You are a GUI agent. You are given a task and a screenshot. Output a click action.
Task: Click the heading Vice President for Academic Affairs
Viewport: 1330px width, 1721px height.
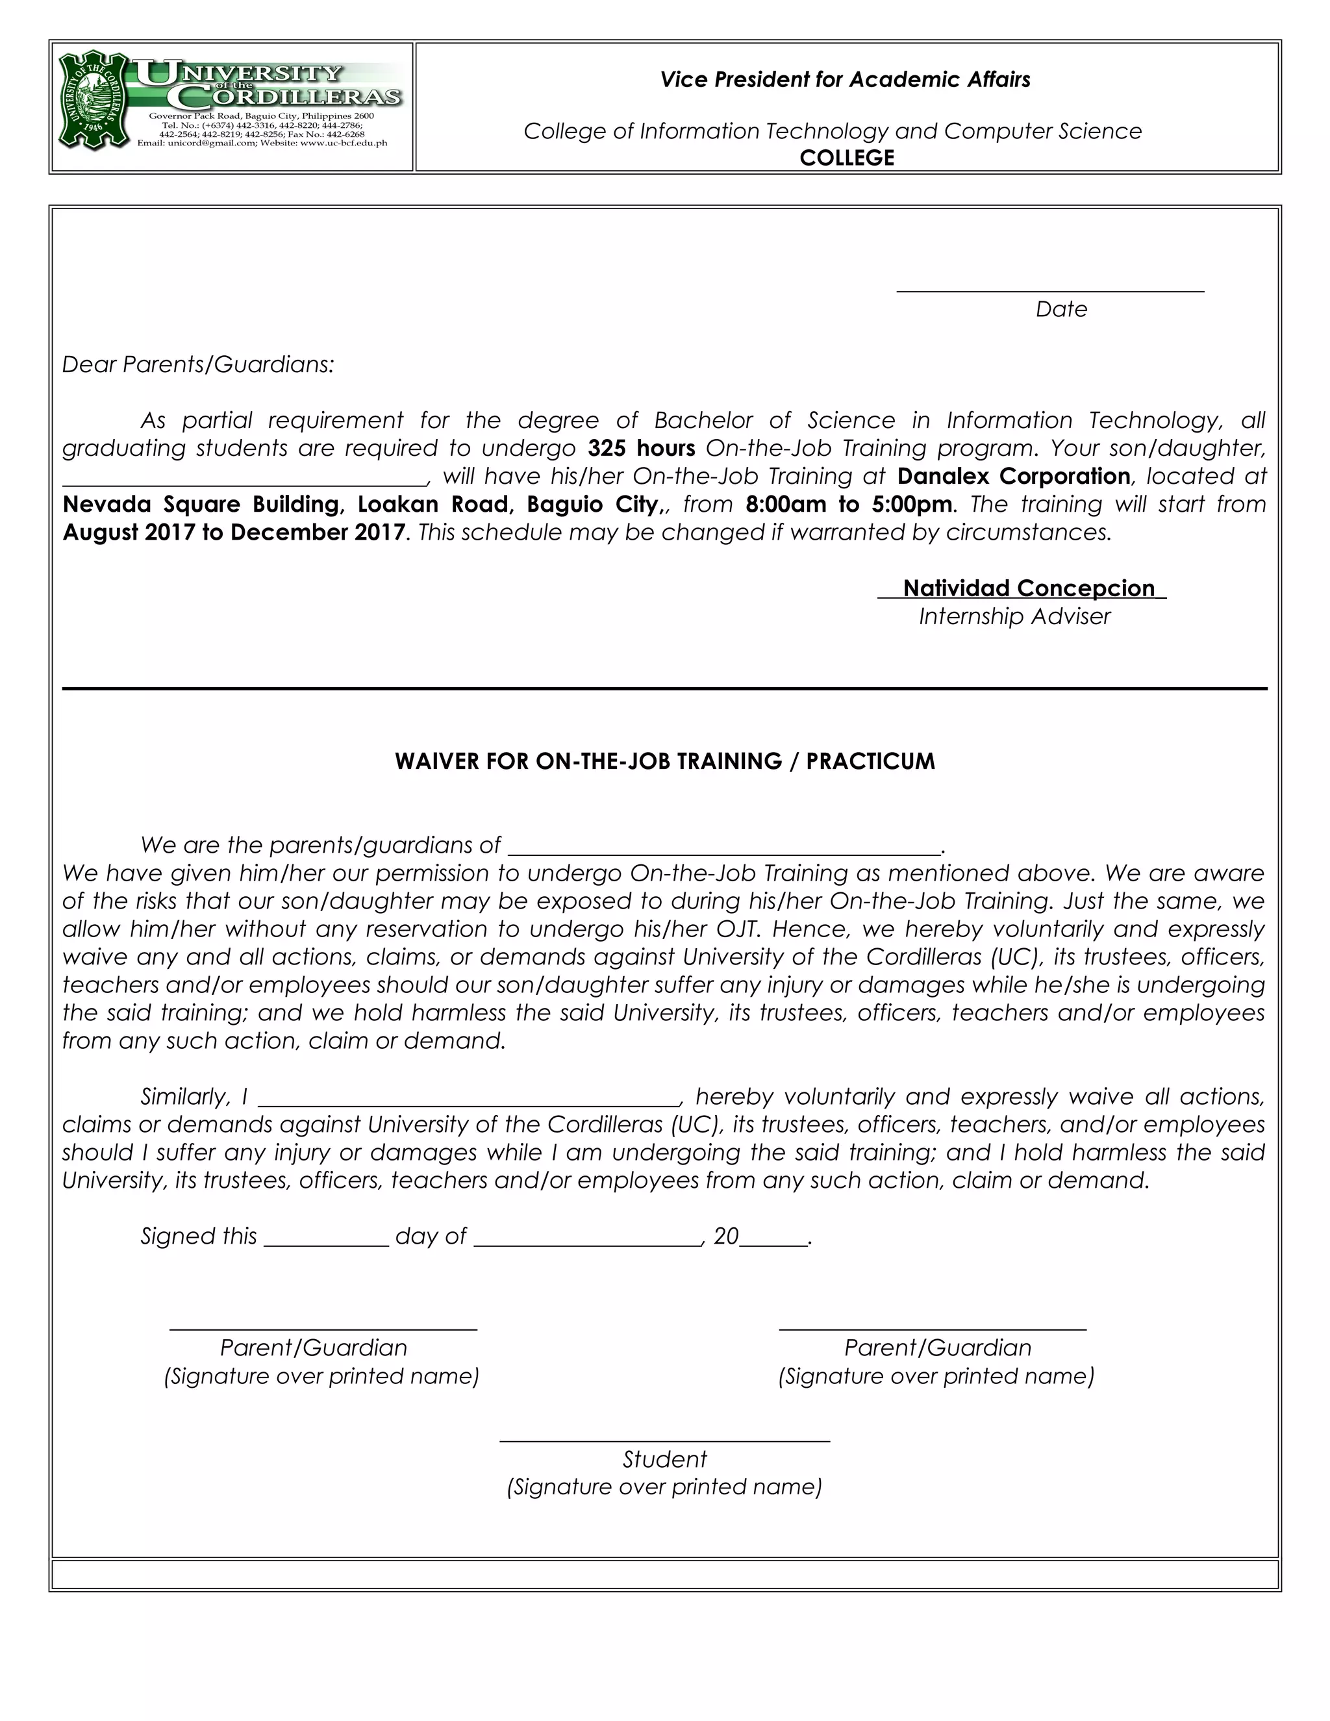(845, 80)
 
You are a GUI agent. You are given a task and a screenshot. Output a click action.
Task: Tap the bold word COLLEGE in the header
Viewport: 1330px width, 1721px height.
(847, 158)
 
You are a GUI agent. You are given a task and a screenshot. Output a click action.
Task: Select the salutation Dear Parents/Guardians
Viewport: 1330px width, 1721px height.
(198, 365)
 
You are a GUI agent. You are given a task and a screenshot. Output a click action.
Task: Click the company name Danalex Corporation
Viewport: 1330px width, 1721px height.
(1013, 477)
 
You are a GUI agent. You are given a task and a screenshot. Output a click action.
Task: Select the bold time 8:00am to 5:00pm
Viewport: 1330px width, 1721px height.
(849, 505)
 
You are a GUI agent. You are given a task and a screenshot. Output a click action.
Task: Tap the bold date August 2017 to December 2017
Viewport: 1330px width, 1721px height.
(234, 533)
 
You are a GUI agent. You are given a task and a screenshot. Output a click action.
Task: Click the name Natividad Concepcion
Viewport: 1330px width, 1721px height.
(1028, 588)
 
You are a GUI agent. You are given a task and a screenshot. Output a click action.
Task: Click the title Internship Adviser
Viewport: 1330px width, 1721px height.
(1014, 616)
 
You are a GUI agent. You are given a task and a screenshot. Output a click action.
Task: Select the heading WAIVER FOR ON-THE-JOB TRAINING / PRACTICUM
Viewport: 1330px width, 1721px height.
(664, 761)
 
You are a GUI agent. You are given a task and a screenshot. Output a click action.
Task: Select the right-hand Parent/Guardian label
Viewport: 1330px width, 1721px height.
(938, 1348)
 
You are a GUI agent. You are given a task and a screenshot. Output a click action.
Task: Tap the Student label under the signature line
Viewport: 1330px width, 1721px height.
(664, 1459)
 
